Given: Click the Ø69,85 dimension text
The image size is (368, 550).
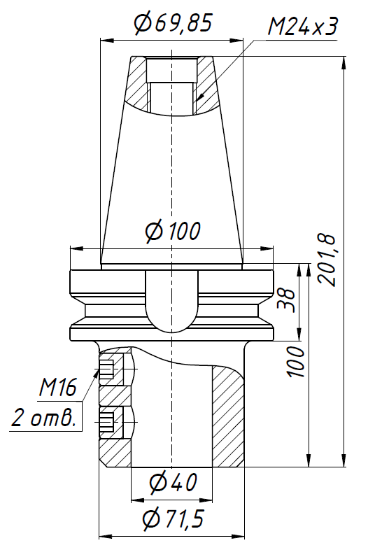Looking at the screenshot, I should pyautogui.click(x=172, y=24).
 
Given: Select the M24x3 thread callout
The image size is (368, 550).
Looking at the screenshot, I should pyautogui.click(x=303, y=27).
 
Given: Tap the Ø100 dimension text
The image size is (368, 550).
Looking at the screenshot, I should pyautogui.click(x=172, y=230).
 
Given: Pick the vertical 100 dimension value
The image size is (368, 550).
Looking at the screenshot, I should pyautogui.click(x=295, y=360).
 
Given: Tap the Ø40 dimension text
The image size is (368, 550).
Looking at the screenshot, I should pyautogui.click(x=172, y=482).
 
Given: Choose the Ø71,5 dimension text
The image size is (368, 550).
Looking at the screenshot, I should pyautogui.click(x=172, y=519).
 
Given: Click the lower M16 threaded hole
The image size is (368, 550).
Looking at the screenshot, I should pyautogui.click(x=107, y=422).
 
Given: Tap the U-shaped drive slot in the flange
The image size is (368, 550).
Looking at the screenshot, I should pyautogui.click(x=172, y=301).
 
